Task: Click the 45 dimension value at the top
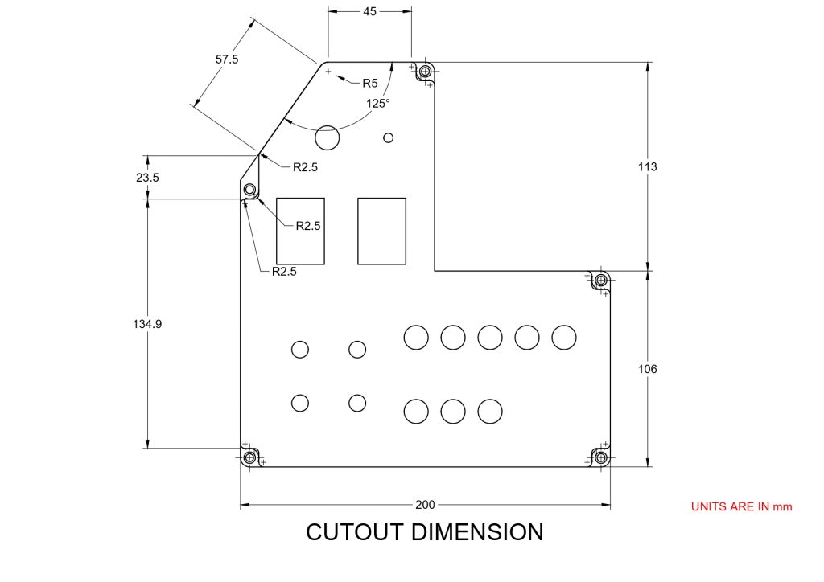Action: tap(370, 11)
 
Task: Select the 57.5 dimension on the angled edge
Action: tap(227, 59)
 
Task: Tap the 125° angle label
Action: tap(378, 103)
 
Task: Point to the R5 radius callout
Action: tap(369, 83)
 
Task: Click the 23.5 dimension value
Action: tap(147, 178)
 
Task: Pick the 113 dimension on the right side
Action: tap(646, 167)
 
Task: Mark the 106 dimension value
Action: tap(646, 369)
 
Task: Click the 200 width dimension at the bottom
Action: tap(425, 505)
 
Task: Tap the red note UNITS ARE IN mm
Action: tap(741, 506)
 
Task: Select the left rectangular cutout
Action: tap(300, 231)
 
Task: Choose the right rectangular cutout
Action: tap(381, 231)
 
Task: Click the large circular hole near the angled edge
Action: tap(328, 137)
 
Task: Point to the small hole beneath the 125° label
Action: tap(389, 137)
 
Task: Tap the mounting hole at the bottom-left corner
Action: tap(249, 457)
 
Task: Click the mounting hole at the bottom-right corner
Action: tap(600, 457)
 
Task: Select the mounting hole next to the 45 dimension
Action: tap(425, 72)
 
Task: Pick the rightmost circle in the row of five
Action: tap(563, 338)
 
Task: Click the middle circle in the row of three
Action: tap(453, 412)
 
